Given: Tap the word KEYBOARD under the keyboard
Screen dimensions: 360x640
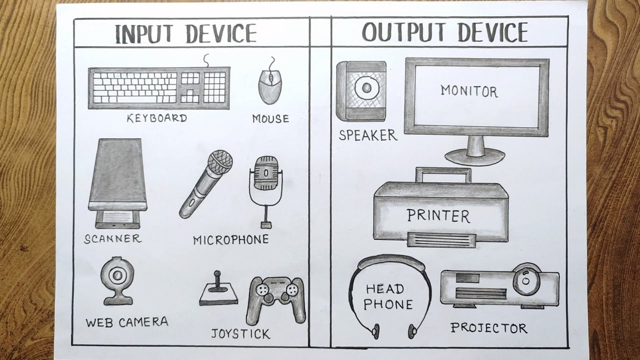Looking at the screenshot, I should (156, 118).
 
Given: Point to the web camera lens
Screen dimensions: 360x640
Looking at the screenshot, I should (118, 274).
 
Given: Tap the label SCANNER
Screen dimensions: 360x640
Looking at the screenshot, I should (112, 239).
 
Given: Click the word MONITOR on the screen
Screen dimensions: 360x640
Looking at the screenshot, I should (469, 91).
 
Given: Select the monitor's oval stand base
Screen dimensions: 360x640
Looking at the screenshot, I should (475, 157).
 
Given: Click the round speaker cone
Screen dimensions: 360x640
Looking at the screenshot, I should (366, 88).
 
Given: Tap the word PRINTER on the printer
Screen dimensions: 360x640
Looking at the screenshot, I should (438, 216).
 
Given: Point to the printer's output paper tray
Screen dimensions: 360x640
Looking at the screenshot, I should (440, 239).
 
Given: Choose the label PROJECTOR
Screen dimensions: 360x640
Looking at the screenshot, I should (488, 328).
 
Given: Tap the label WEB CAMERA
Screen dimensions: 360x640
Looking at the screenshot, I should (126, 322).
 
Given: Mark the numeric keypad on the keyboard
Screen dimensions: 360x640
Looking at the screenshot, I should (214, 87).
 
